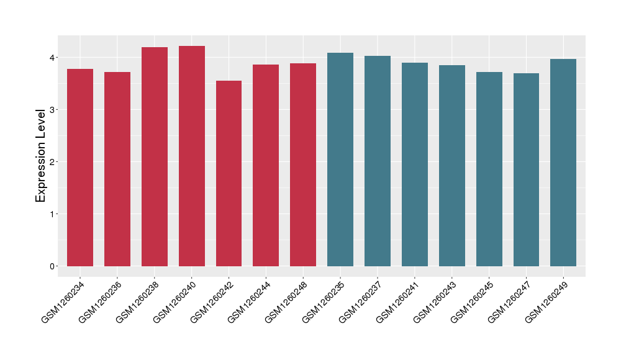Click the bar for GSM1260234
pos(80,168)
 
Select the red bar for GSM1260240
pos(192,156)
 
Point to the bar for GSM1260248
pos(303,164)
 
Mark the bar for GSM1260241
pos(415,164)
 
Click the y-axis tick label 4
pos(53,58)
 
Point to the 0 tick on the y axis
pos(53,266)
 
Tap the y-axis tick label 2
pos(53,162)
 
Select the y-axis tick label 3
pos(53,110)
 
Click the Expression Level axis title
pos(41,155)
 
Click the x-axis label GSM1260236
pos(101,302)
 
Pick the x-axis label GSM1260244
pos(250,302)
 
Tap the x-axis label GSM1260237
pos(361,302)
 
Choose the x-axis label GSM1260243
pos(436,302)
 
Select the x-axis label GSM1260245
pos(473,302)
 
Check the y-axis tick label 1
pos(53,214)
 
